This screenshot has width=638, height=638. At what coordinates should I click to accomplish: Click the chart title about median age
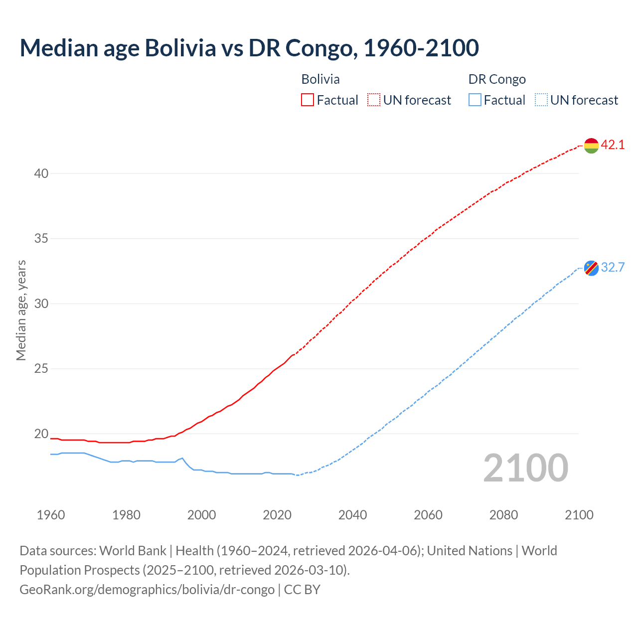coord(249,48)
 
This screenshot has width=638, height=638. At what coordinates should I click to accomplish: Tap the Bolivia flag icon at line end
coord(591,146)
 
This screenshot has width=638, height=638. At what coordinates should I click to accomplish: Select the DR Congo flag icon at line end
coord(591,268)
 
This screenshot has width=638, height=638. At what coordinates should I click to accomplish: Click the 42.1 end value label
coord(613,145)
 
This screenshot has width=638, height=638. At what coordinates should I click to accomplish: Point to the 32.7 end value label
coord(613,268)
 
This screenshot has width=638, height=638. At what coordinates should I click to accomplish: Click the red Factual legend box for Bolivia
coord(308,100)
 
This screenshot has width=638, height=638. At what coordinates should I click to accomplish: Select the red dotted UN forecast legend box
coord(374,100)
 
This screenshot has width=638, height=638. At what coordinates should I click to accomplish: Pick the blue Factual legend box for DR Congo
coord(475,100)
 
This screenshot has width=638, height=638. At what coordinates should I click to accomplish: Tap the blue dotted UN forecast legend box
coord(541,100)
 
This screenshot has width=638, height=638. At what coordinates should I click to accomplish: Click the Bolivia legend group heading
coord(320,79)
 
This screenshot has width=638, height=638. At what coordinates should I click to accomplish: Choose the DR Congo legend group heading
coord(497,79)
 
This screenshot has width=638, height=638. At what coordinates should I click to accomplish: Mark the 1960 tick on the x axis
coord(51,515)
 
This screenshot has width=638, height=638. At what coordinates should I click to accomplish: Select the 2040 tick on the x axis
coord(352,515)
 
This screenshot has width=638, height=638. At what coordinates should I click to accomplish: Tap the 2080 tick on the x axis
coord(503,515)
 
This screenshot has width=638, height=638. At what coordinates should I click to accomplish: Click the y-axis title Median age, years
coord(21,310)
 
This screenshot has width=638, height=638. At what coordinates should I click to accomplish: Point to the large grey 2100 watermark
coord(525,468)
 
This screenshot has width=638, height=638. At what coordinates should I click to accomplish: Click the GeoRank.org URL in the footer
coord(147,590)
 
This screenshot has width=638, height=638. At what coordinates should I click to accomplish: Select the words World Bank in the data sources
coord(133,551)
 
